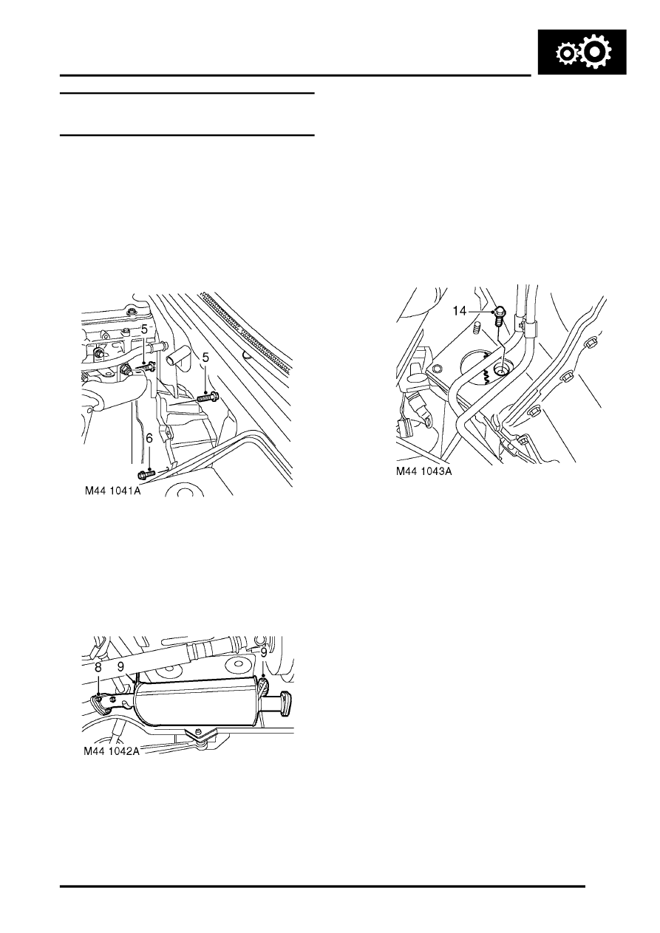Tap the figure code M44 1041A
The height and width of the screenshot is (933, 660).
(x=113, y=489)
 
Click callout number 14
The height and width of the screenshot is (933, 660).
(x=460, y=311)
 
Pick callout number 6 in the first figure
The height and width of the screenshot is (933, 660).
(x=149, y=439)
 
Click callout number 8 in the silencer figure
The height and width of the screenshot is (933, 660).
(x=98, y=666)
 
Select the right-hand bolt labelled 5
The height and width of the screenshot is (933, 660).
(x=208, y=398)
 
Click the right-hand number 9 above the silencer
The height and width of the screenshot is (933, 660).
(x=262, y=652)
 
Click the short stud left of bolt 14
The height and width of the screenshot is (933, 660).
(x=477, y=326)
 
